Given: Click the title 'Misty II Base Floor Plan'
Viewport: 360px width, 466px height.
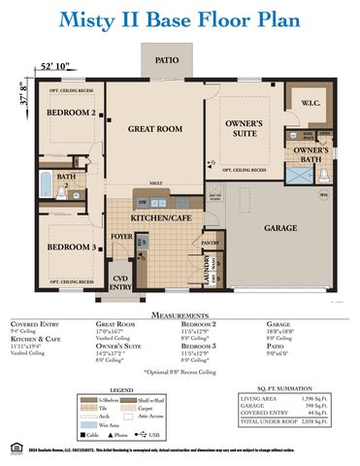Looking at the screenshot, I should [180, 20].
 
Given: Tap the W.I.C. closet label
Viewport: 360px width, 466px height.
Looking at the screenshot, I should [311, 103].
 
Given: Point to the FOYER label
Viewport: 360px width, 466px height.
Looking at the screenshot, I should [121, 236].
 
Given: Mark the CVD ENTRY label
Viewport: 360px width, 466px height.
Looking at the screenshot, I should [121, 283].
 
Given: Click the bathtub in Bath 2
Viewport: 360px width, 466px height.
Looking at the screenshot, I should [46, 181].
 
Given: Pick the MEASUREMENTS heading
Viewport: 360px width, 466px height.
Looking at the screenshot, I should [180, 315].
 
